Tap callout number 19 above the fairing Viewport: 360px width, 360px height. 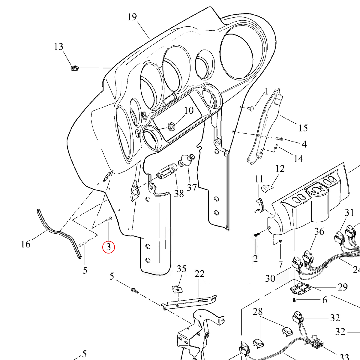[132, 17]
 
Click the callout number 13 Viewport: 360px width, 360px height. [59, 47]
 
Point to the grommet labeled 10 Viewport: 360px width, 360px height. [172, 127]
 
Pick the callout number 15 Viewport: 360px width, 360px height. [303, 128]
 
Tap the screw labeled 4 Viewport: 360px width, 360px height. [280, 139]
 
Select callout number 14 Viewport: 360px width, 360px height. [298, 158]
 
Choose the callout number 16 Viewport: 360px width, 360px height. [26, 244]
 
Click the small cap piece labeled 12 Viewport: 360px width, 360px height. [267, 188]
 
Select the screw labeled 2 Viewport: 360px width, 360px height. [256, 235]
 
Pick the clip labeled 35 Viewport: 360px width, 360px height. [177, 289]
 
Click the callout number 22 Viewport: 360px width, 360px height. [199, 274]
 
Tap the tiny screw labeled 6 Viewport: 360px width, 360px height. [295, 300]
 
